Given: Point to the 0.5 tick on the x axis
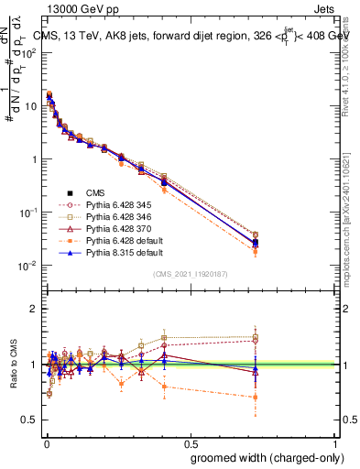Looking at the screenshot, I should (x=191, y=444).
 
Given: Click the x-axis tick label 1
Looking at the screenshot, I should (x=335, y=444).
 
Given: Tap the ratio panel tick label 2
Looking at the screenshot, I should (x=34, y=309).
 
